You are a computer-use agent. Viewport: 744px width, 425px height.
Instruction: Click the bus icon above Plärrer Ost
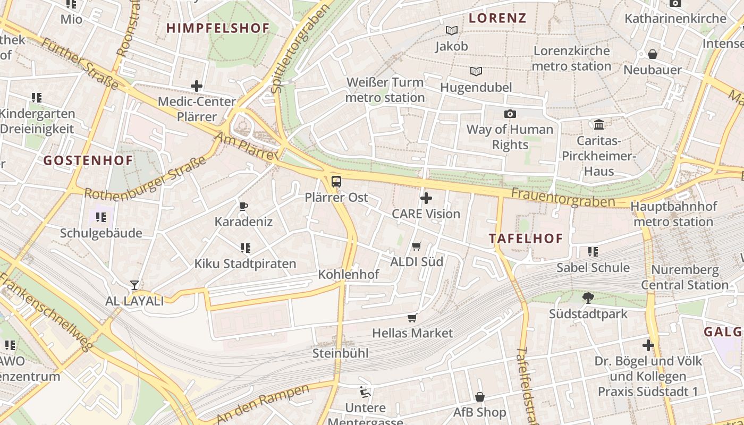(x=336, y=182)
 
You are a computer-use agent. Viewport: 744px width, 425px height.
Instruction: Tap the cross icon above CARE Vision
(x=426, y=199)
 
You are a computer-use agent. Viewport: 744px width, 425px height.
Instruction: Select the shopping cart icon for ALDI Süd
(x=417, y=246)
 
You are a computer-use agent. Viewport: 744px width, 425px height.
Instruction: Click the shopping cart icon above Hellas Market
(x=412, y=318)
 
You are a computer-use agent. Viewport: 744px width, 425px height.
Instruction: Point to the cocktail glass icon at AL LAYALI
(x=134, y=285)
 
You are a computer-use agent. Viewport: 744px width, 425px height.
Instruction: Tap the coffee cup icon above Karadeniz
(x=243, y=206)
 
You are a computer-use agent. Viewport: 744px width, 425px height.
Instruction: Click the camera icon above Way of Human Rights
(x=510, y=114)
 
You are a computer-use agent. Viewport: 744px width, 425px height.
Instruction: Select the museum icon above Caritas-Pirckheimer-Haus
(x=599, y=124)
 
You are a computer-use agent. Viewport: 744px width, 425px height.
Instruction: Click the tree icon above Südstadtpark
(x=588, y=298)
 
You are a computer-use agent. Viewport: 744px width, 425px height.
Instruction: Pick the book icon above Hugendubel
(x=476, y=71)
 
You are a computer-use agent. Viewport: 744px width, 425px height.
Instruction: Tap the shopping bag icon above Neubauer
(x=653, y=54)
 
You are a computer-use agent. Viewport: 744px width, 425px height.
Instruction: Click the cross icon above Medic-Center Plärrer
(x=197, y=86)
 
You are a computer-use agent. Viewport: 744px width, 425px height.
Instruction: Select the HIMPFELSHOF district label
(x=218, y=28)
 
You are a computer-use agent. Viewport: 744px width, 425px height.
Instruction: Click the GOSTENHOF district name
(x=88, y=160)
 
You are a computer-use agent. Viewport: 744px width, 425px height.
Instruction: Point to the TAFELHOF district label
(x=526, y=239)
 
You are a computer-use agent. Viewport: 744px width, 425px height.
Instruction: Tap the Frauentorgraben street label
(x=563, y=198)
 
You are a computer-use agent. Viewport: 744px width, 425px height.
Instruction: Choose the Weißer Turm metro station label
(x=385, y=90)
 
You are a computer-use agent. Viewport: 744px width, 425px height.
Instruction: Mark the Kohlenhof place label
(x=348, y=274)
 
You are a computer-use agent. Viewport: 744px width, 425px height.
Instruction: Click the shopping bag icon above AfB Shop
(x=479, y=397)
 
